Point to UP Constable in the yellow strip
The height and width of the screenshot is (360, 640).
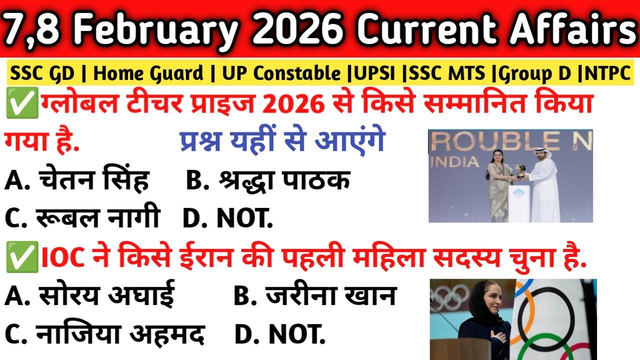click(x=281, y=74)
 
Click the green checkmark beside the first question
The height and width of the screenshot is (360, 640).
click(x=15, y=106)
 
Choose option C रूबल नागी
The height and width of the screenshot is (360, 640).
click(x=82, y=218)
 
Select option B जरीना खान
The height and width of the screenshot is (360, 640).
click(x=315, y=296)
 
